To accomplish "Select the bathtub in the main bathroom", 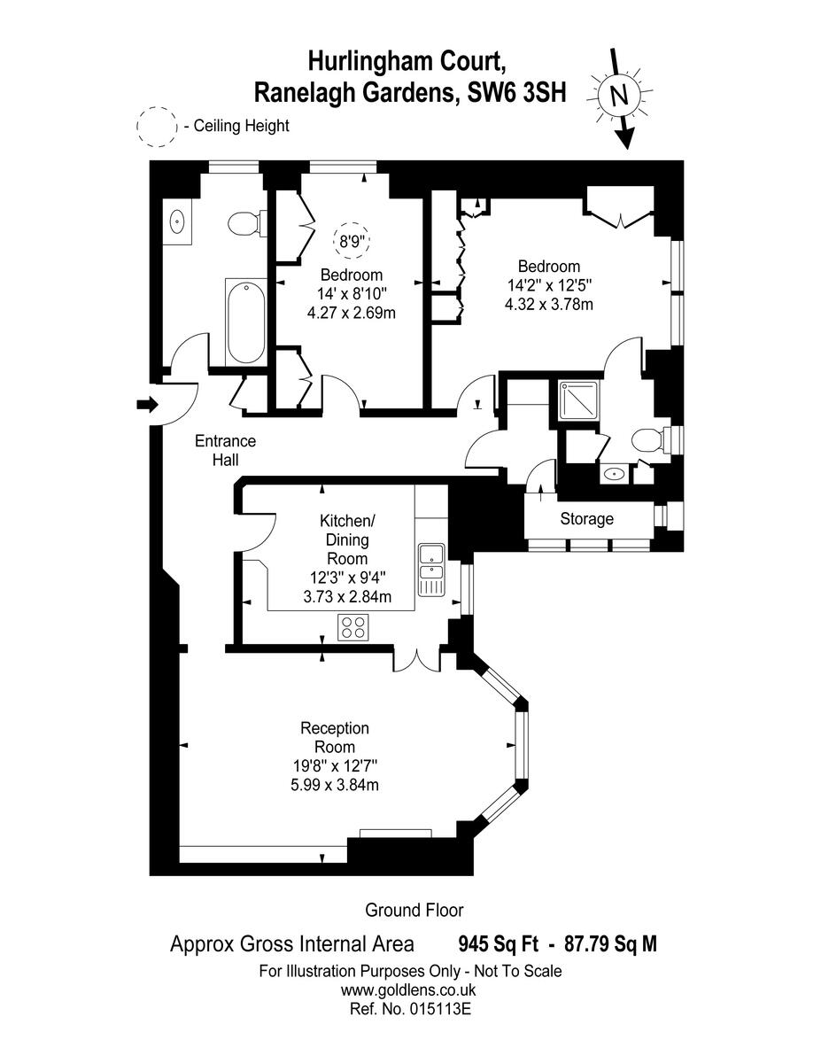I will (245, 322).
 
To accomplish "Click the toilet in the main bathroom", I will (244, 223).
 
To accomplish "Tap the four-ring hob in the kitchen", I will (352, 627).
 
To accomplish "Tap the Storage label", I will (586, 519).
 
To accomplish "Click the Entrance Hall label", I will (225, 450).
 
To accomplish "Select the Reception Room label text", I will (335, 737).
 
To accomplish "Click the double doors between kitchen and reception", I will (417, 658).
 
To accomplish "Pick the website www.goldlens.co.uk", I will (409, 990).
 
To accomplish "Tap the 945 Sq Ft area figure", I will (494, 944).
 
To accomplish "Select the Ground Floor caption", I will (414, 910).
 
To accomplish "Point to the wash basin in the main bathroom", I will (176, 220).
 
